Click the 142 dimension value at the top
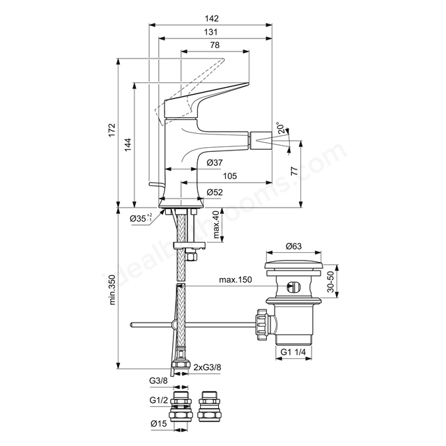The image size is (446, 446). (x=212, y=19)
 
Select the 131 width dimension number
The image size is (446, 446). (x=210, y=32)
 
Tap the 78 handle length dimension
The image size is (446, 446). (x=215, y=45)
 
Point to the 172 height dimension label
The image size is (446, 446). (x=112, y=130)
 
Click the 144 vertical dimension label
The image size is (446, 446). (x=128, y=144)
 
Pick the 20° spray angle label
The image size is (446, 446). (x=281, y=128)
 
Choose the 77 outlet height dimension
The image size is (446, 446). (x=295, y=171)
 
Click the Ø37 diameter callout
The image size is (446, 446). (x=215, y=162)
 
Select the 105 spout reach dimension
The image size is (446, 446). (x=230, y=176)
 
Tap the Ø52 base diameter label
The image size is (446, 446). (x=215, y=192)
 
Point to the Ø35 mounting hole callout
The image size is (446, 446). (x=141, y=218)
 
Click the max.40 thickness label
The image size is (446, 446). (x=217, y=224)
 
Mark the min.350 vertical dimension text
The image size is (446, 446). (x=112, y=290)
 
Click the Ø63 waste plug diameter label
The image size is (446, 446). (x=294, y=246)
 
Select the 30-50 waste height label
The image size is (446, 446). (x=330, y=282)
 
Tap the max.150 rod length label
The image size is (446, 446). (x=236, y=279)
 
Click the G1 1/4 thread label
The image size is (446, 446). (x=293, y=352)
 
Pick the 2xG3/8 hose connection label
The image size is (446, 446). (x=207, y=367)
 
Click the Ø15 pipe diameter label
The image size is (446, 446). (x=159, y=424)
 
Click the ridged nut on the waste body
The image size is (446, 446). (x=262, y=324)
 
